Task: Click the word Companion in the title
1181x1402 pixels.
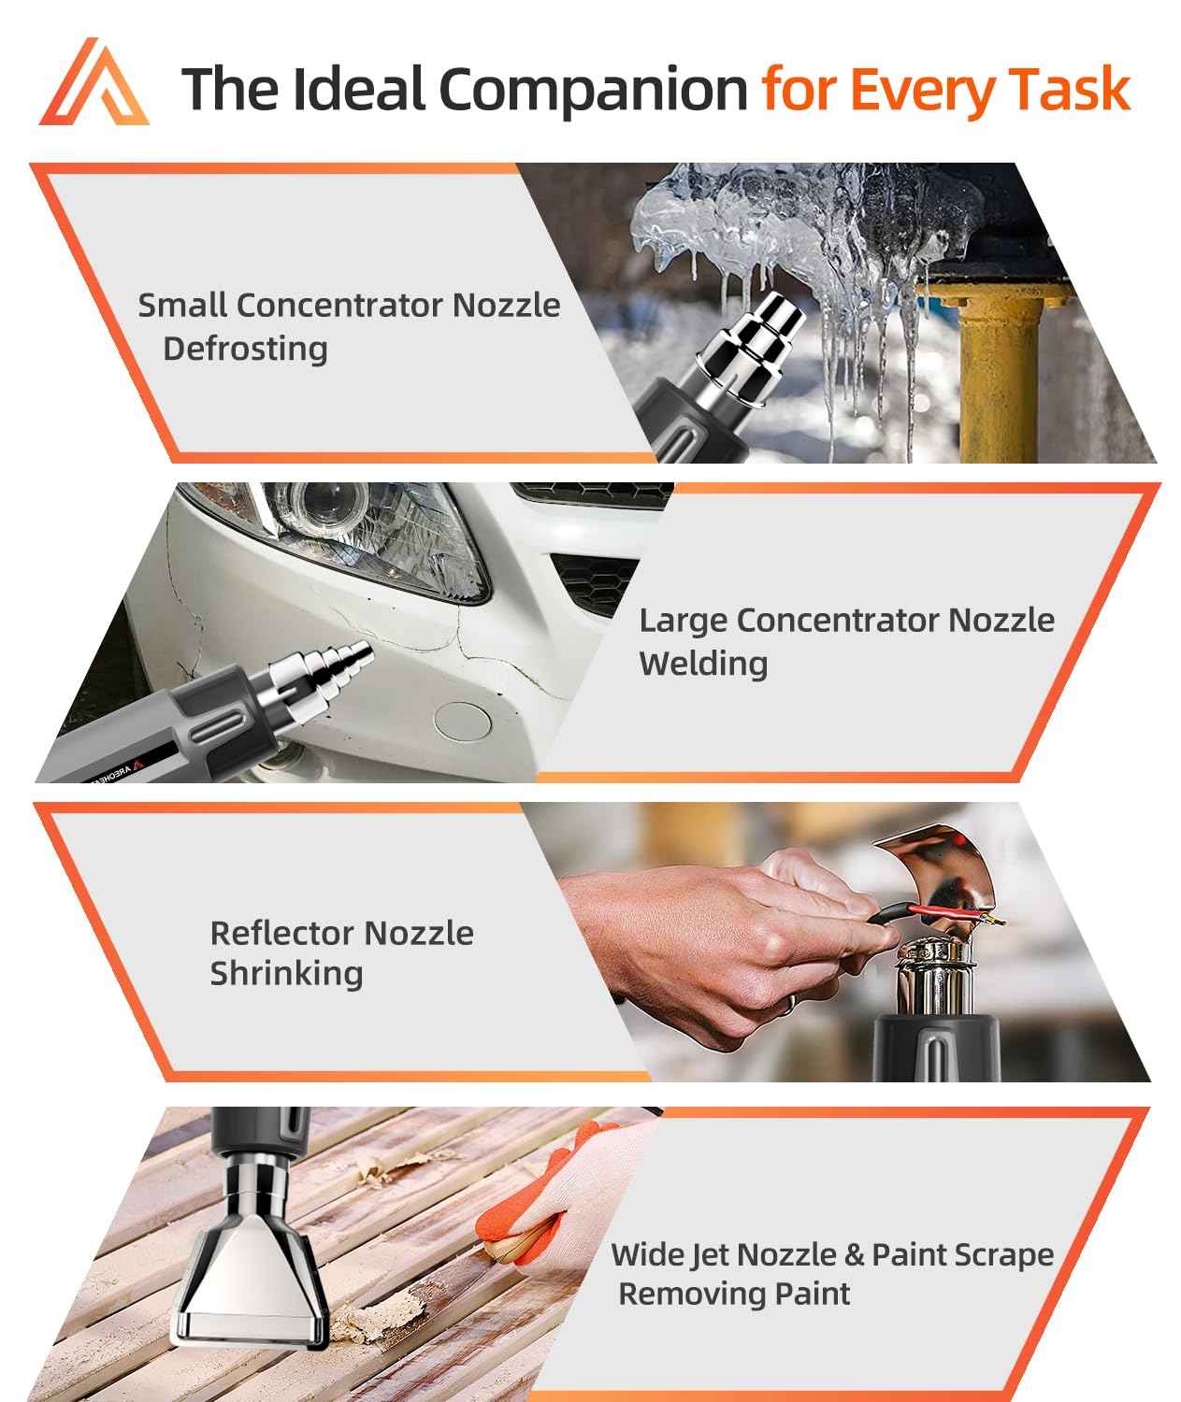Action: click(x=592, y=90)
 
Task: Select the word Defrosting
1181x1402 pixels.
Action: click(x=245, y=349)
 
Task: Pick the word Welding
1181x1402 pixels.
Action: click(x=703, y=664)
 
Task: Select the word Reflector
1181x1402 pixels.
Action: click(x=281, y=933)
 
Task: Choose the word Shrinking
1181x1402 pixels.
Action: click(x=286, y=974)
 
